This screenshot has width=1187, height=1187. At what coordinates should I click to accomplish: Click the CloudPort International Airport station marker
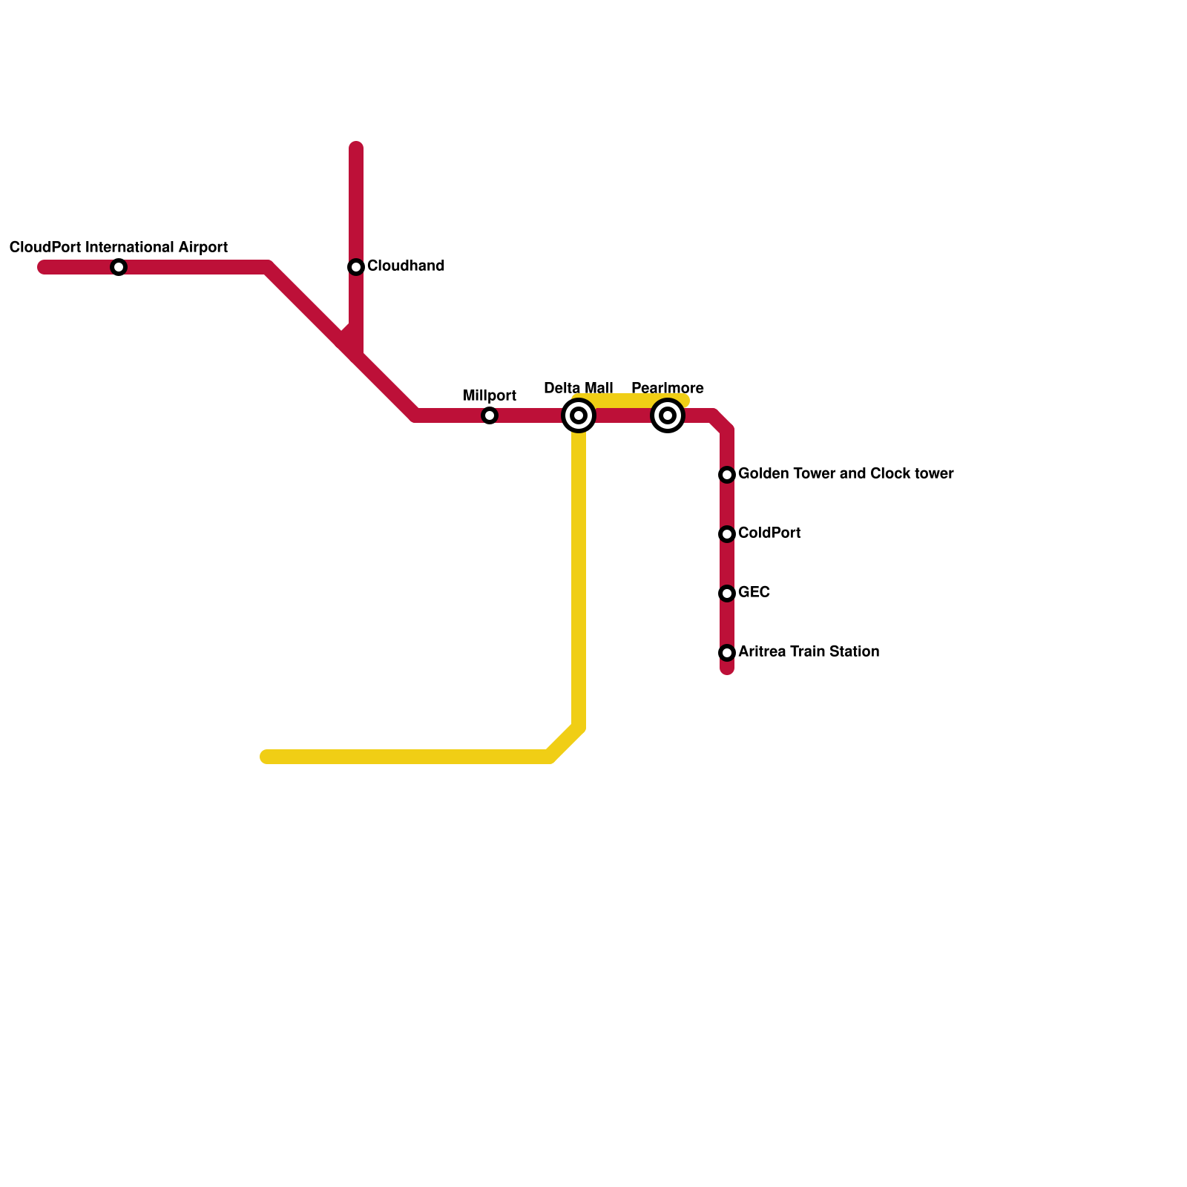tap(119, 267)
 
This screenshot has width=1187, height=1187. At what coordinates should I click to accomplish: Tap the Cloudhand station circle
tap(356, 267)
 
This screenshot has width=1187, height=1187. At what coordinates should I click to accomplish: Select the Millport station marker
tap(490, 415)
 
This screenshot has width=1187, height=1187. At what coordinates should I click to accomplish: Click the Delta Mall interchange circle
tap(579, 415)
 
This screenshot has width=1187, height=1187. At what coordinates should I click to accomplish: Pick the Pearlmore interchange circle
tap(668, 415)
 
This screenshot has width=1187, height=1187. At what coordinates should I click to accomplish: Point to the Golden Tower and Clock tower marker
tap(727, 475)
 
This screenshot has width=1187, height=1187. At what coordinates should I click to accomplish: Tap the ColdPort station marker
tap(727, 534)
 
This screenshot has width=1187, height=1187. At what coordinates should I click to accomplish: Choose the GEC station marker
tap(727, 593)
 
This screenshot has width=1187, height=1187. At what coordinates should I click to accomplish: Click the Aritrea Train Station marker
tap(727, 653)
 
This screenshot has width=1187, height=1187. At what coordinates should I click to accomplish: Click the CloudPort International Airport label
tap(119, 247)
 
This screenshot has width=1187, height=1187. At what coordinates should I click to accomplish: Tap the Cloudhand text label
tap(406, 266)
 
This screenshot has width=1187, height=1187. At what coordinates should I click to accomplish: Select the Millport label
tap(490, 395)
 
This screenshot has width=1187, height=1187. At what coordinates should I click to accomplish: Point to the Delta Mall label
tap(579, 388)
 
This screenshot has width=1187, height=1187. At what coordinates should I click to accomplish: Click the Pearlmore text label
tap(668, 388)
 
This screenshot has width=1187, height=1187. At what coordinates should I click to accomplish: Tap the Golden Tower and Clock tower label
tap(846, 473)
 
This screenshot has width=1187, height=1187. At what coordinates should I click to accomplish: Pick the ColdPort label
tap(769, 533)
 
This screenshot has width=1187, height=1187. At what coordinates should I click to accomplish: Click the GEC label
tap(754, 592)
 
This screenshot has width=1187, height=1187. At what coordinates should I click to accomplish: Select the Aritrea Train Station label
tap(809, 651)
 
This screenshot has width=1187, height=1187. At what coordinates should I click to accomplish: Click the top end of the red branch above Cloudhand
tap(356, 148)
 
